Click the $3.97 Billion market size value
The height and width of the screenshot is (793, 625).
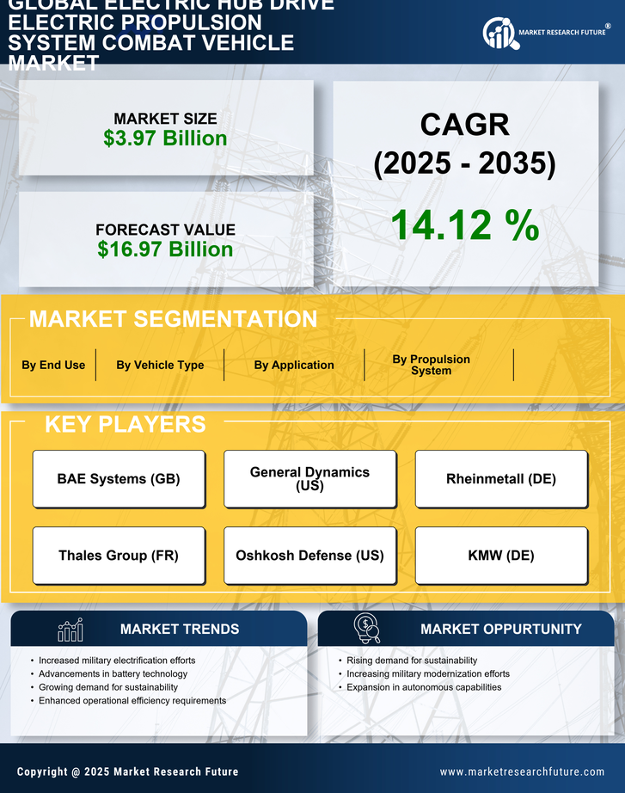pyautogui.click(x=165, y=138)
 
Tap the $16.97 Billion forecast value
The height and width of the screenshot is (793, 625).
pyautogui.click(x=165, y=249)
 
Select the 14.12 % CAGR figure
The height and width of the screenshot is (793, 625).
pyautogui.click(x=465, y=225)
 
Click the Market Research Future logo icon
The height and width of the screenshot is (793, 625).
pyautogui.click(x=499, y=34)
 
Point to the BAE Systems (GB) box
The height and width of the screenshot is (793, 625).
pyautogui.click(x=119, y=479)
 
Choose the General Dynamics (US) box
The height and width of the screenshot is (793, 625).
pyautogui.click(x=309, y=479)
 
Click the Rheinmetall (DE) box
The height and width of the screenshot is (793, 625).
pyautogui.click(x=501, y=479)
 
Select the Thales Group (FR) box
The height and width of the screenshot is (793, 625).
pyautogui.click(x=119, y=556)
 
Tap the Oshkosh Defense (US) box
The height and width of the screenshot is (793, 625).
pyautogui.click(x=309, y=556)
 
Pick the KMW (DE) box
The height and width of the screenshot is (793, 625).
pyautogui.click(x=501, y=556)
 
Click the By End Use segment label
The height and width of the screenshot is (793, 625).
pyautogui.click(x=53, y=365)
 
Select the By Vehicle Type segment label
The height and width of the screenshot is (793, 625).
pyautogui.click(x=160, y=365)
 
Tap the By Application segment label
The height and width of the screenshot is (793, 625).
pyautogui.click(x=294, y=365)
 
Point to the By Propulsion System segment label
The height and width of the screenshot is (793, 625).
pyautogui.click(x=431, y=365)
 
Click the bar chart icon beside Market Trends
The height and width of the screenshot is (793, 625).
pyautogui.click(x=70, y=630)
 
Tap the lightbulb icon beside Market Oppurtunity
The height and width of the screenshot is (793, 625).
pyautogui.click(x=366, y=629)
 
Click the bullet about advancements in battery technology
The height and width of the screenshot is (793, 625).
pyautogui.click(x=113, y=674)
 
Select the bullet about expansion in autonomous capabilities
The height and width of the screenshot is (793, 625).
pyautogui.click(x=424, y=687)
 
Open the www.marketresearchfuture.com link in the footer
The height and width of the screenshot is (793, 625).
pyautogui.click(x=522, y=771)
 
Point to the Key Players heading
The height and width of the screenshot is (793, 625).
pyautogui.click(x=125, y=424)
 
